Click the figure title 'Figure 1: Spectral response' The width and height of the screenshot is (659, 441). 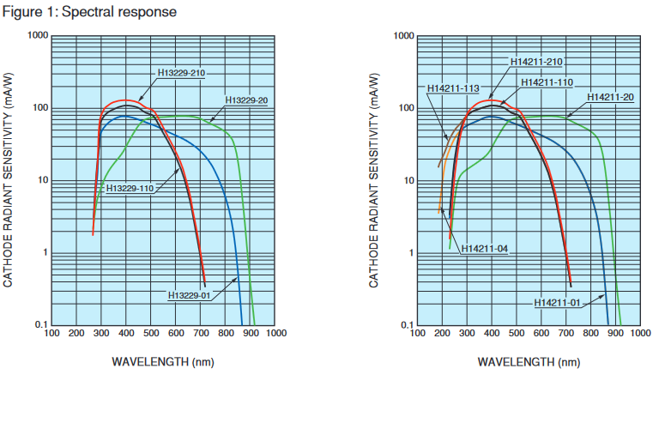89,12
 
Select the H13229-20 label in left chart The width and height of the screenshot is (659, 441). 247,100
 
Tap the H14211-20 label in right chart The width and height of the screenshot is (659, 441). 611,96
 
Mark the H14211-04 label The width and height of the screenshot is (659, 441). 485,249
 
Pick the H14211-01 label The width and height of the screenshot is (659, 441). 558,302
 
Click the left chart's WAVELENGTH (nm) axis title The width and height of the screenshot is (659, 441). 163,361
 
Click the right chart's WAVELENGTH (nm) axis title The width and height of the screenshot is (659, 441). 528,361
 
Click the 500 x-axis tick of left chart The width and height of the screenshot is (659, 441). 152,334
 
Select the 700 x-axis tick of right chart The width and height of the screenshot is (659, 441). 567,334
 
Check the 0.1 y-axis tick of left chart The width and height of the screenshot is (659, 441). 40,325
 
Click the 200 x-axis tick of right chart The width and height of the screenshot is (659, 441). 443,334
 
